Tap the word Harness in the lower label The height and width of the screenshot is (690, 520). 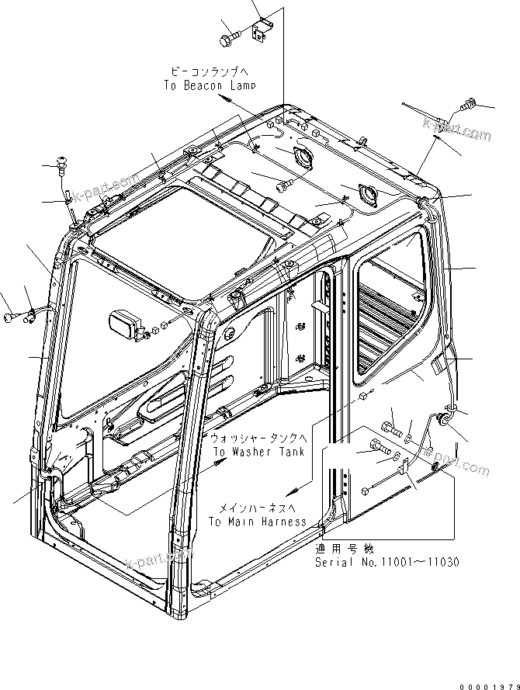coord(281,522)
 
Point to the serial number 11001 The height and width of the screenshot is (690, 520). coord(395,561)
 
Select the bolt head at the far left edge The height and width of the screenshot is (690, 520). coord(10,316)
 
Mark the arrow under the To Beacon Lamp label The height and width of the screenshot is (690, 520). coord(224,101)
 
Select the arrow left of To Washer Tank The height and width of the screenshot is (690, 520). coord(220,463)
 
